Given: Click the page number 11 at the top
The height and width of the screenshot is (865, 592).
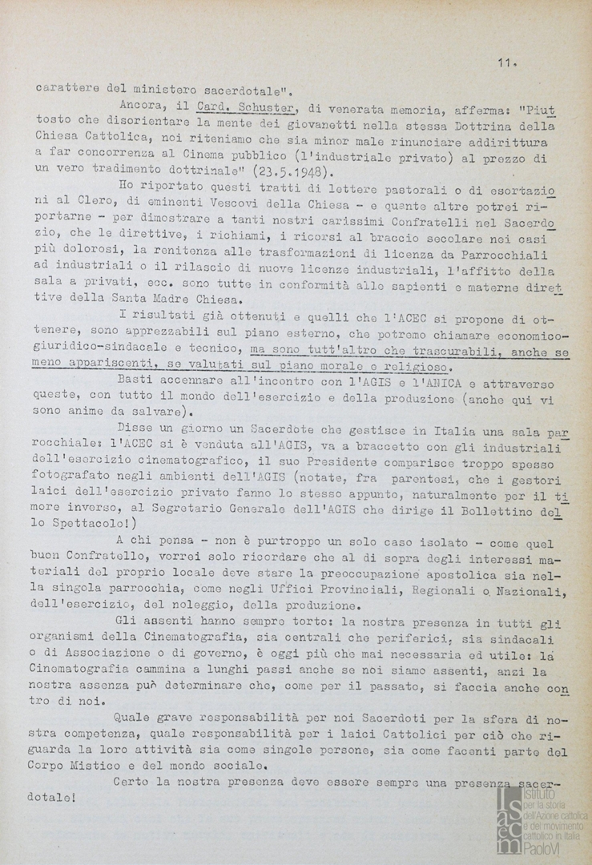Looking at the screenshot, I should coord(505,63).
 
